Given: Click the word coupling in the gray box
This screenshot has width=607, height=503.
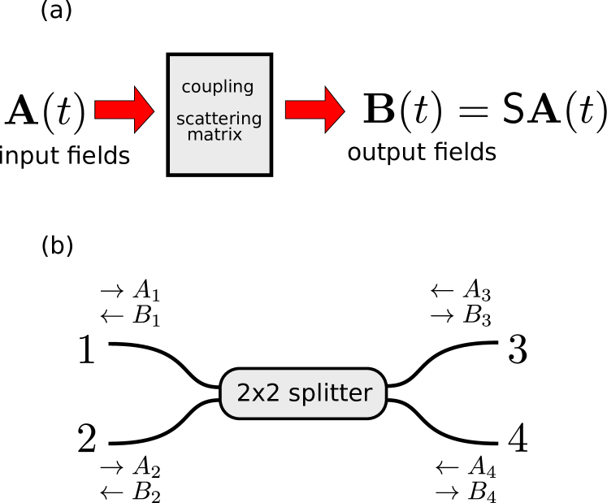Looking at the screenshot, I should coord(217,87).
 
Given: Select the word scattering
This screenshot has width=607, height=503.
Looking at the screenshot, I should coord(219,119).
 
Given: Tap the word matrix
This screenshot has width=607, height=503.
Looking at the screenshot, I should coord(215,135).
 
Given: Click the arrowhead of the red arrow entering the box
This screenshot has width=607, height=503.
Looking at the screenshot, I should coord(144,110).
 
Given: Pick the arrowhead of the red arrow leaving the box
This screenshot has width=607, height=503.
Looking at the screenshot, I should coord(334,110).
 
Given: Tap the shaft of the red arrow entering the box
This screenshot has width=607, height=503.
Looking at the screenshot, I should coord(115,110).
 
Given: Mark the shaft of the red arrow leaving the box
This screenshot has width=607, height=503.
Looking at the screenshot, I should coord(306,110).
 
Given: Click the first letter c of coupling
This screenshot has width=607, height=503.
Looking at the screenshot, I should coord(186,88).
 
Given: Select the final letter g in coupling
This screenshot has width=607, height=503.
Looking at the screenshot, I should coord(248,89).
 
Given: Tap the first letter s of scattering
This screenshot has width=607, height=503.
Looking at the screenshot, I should coord(180,120).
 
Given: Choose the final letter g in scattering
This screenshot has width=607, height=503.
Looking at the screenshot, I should coord(257,121).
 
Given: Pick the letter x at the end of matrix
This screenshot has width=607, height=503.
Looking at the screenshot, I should coord(237,136).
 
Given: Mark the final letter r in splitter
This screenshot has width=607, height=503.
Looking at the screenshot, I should coord(367,395).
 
